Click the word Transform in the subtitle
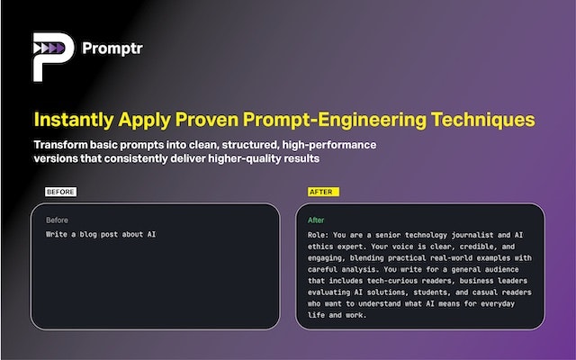[x=64, y=145]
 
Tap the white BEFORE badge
[x=61, y=192]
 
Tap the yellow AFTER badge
[x=319, y=192]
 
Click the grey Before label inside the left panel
[x=57, y=220]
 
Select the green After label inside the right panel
[x=316, y=220]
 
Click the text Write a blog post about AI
[x=101, y=235]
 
